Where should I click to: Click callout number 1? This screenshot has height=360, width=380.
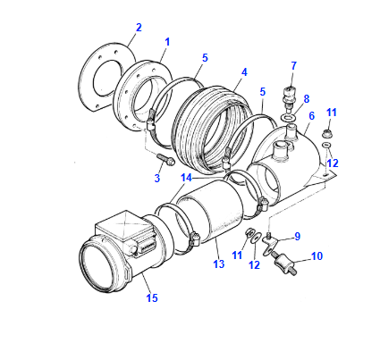[167, 42]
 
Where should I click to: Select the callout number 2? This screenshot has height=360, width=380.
[138, 29]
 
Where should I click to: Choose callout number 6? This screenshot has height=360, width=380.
[311, 115]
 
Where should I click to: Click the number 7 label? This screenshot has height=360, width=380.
[292, 64]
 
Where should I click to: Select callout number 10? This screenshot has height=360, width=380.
[316, 257]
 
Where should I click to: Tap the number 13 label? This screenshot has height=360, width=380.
[216, 265]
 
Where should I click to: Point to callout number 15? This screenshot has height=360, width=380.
[151, 297]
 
